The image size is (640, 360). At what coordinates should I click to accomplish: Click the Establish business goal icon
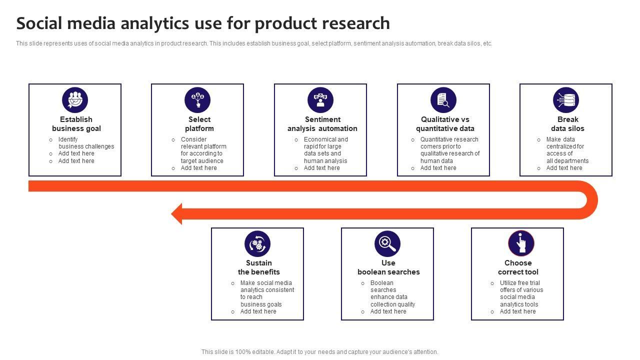tap(75, 100)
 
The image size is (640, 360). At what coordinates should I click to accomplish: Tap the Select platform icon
tap(197, 100)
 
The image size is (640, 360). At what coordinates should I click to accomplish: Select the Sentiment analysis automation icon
tap(320, 100)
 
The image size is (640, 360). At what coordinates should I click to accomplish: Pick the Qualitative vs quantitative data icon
tap(443, 100)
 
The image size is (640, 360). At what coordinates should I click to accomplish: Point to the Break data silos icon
tap(566, 100)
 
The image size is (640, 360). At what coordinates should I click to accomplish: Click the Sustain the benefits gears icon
tap(257, 244)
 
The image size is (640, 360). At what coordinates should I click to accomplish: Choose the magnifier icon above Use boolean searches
tap(387, 244)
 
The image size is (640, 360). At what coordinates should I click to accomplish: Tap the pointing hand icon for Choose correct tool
tap(521, 244)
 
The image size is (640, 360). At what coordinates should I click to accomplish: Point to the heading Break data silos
tap(567, 124)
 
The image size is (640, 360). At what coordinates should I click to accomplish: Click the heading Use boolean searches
tap(388, 267)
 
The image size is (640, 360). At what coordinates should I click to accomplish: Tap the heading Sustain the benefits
tap(259, 267)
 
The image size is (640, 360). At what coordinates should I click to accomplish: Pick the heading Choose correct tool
tap(518, 267)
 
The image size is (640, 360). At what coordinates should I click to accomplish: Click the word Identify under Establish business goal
tap(68, 139)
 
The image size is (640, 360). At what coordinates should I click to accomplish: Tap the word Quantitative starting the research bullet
tap(438, 139)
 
